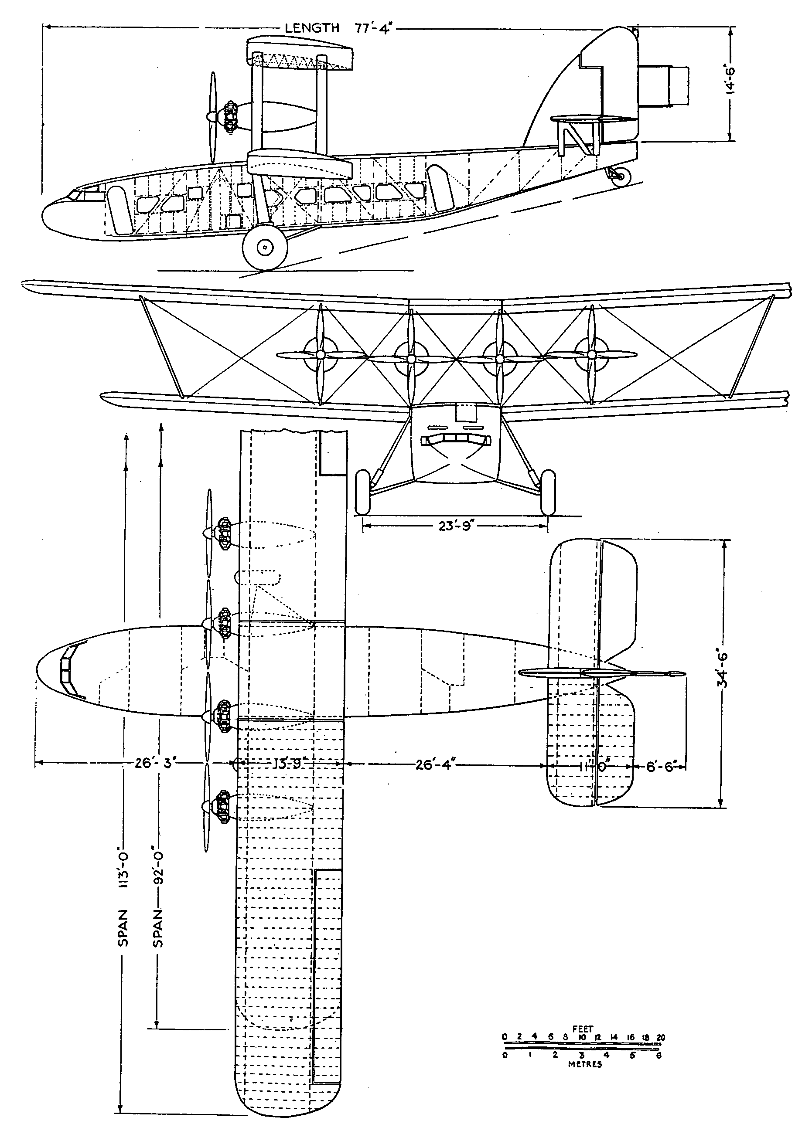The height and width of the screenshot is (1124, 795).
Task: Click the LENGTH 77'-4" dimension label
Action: [x=339, y=28]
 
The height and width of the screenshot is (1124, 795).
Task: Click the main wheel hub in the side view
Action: [x=265, y=248]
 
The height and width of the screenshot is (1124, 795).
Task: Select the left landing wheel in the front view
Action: [x=363, y=492]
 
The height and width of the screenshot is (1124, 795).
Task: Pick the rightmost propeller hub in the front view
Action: [x=592, y=353]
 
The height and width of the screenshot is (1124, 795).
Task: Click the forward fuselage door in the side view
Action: [x=119, y=209]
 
